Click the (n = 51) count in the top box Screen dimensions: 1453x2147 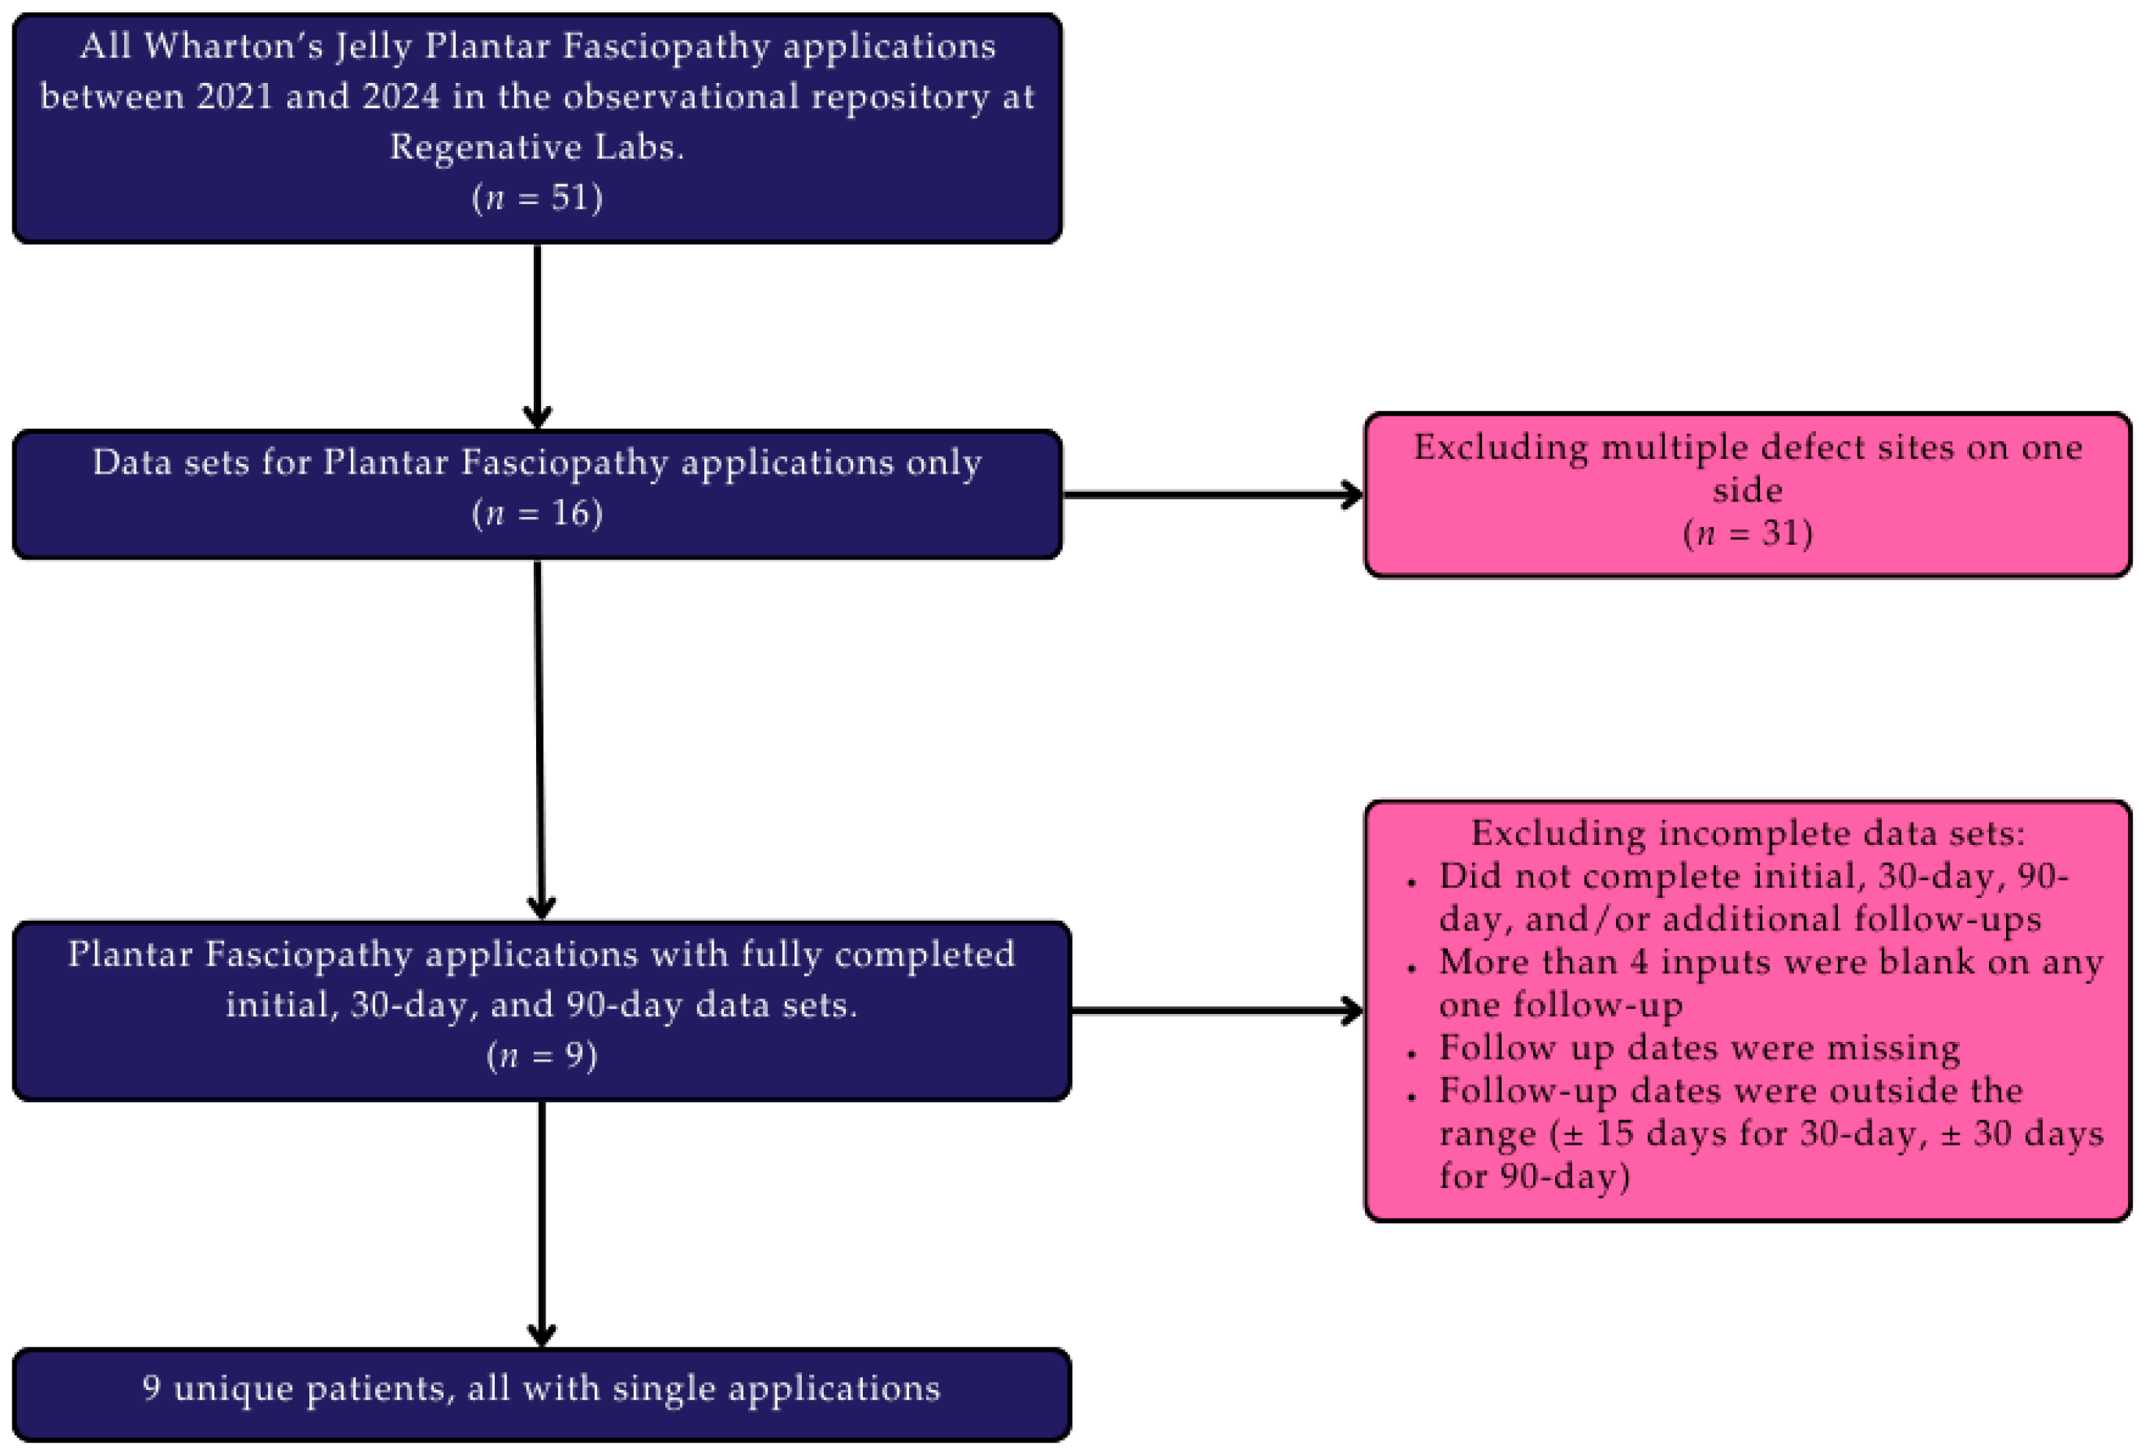click(x=537, y=198)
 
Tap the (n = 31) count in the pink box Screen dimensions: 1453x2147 click(x=1747, y=533)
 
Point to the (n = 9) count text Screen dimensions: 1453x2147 click(x=541, y=1055)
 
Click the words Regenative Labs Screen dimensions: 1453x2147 click(x=537, y=148)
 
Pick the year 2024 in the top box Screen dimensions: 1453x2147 click(x=401, y=97)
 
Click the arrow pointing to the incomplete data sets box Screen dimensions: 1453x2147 click(x=1216, y=1010)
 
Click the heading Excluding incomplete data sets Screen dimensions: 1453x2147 click(x=1747, y=833)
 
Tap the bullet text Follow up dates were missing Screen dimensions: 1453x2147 click(x=1699, y=1048)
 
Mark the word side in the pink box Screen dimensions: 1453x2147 click(x=1747, y=490)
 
